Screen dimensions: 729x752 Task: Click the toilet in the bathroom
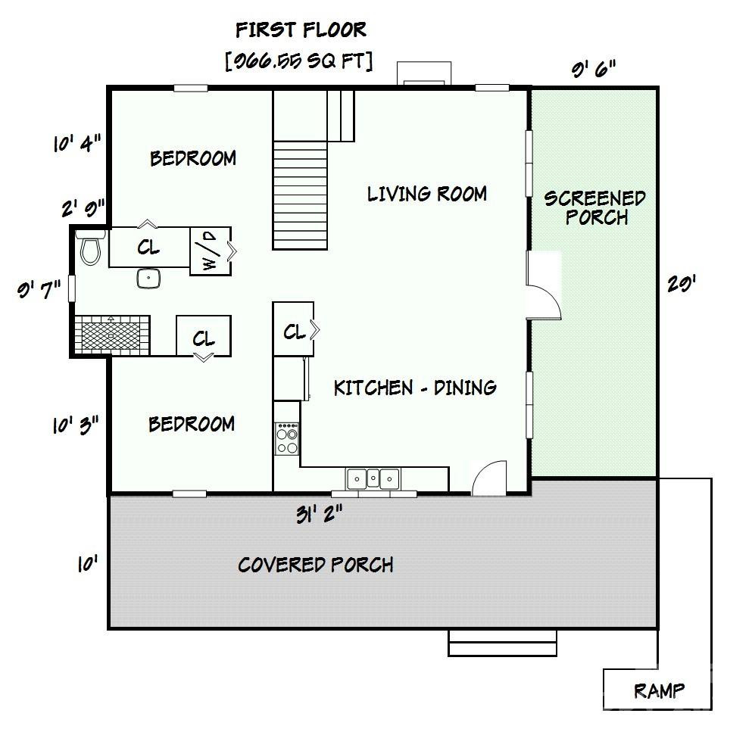(x=91, y=248)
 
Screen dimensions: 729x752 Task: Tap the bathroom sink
(x=149, y=279)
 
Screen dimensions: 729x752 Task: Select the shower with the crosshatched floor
(x=111, y=334)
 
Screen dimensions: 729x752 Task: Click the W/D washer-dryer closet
(x=209, y=251)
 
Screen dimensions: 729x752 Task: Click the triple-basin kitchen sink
(x=373, y=478)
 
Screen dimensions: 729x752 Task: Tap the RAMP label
(x=659, y=690)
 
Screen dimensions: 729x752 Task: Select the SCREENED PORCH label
(x=595, y=208)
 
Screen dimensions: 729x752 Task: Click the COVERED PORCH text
(x=315, y=565)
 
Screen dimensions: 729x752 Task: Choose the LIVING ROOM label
(x=426, y=194)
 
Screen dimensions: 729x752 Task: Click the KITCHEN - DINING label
(x=415, y=388)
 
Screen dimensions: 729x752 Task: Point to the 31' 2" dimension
(x=319, y=514)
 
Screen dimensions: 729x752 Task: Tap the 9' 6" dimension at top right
(x=593, y=69)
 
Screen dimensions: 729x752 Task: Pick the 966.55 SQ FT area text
(x=299, y=61)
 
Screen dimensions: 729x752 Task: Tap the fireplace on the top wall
(x=424, y=73)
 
